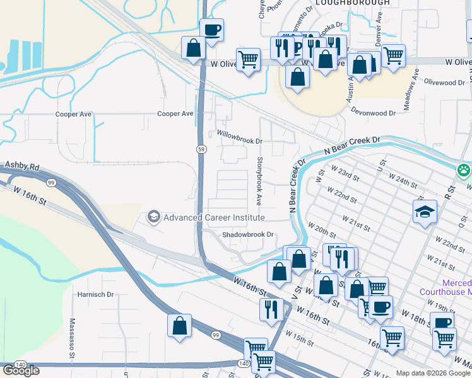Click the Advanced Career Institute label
(214, 217)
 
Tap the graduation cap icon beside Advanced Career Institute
(153, 217)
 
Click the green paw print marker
(464, 170)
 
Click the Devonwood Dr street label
(374, 113)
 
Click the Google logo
(21, 370)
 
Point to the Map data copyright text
(433, 373)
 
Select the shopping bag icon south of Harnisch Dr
(179, 326)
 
